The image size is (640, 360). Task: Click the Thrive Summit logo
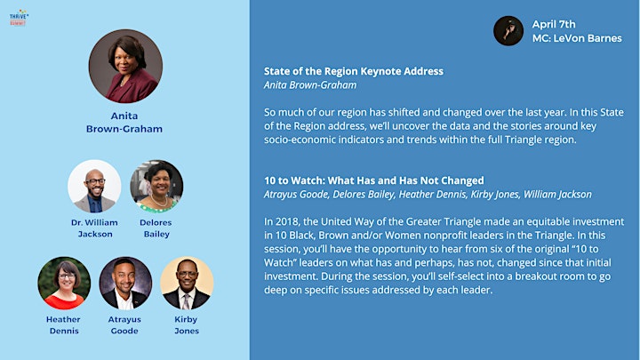click(19, 18)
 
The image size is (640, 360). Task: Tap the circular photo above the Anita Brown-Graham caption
click(125, 66)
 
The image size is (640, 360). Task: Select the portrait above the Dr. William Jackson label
click(94, 186)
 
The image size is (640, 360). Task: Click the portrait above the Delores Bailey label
click(156, 186)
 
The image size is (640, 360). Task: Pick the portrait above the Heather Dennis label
click(64, 283)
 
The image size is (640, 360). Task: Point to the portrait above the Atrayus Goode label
click(125, 283)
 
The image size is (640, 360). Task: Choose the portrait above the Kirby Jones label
click(187, 283)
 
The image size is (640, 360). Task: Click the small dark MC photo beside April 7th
click(508, 30)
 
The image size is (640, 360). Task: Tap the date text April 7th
click(554, 24)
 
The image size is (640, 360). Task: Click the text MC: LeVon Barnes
click(577, 38)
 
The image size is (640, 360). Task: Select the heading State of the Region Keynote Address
click(354, 71)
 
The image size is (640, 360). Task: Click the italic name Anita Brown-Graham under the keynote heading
click(310, 85)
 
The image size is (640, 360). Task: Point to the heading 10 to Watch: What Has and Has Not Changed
click(374, 180)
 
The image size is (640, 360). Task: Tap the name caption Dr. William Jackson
click(94, 228)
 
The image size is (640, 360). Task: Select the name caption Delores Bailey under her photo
click(156, 228)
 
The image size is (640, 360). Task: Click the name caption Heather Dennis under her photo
click(63, 325)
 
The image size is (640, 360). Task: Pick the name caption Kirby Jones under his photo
click(186, 325)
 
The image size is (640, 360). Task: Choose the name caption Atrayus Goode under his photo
click(124, 325)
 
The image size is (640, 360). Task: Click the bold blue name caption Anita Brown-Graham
click(124, 122)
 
